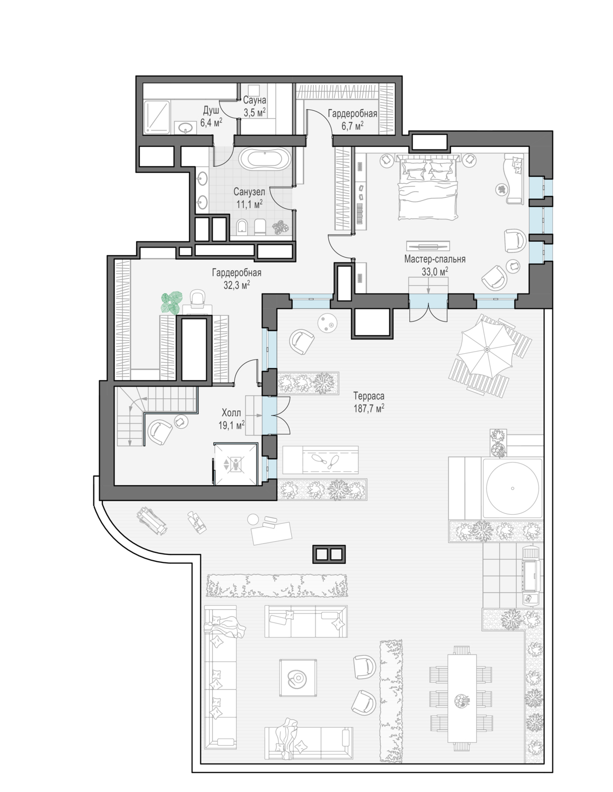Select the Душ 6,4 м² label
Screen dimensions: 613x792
211,117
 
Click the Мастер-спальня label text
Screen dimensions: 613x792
435,259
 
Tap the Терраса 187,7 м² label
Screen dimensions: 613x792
369,402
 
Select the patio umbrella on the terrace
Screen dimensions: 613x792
487,349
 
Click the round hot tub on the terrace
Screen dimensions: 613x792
512,488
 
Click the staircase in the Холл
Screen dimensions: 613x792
156,416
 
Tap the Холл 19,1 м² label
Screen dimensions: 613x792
232,419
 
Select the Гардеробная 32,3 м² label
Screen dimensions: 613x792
237,278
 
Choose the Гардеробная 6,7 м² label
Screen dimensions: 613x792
352,119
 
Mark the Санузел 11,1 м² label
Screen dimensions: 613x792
250,197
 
